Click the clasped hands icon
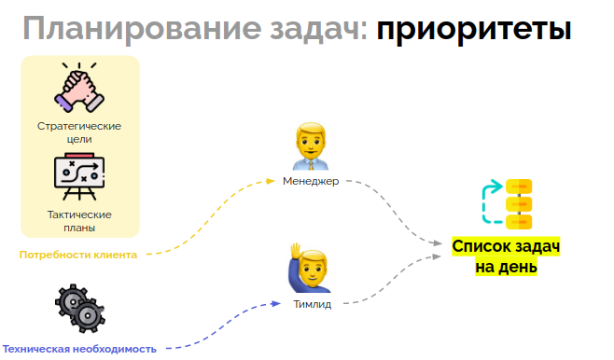pyautogui.click(x=80, y=90)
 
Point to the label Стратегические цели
pyautogui.click(x=80, y=132)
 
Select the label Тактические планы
pyautogui.click(x=79, y=220)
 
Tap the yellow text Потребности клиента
pyautogui.click(x=79, y=255)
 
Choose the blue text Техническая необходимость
pyautogui.click(x=79, y=348)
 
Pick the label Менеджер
pyautogui.click(x=311, y=181)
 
